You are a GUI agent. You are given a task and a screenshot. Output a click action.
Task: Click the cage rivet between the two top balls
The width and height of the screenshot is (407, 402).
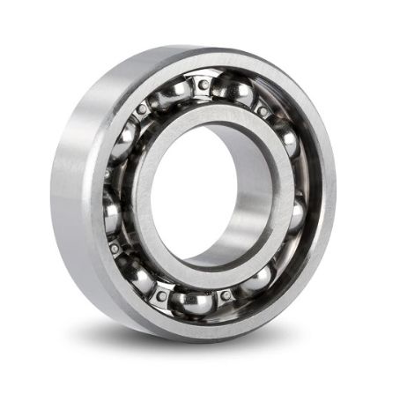[204, 86]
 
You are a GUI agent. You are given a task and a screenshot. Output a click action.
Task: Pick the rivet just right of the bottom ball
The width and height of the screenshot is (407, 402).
[227, 294]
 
